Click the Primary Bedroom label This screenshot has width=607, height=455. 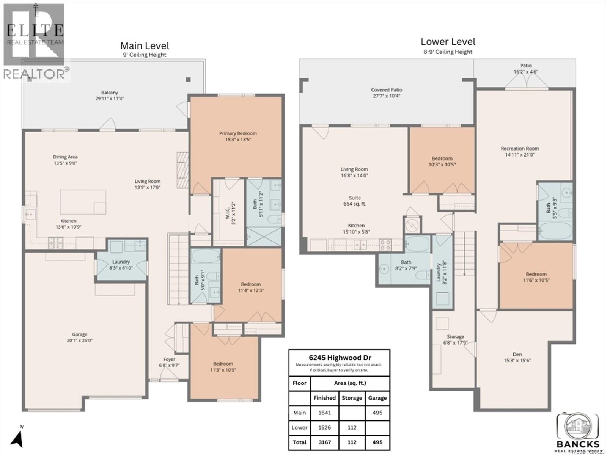tap(238, 133)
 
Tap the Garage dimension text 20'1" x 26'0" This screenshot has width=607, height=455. tap(80, 340)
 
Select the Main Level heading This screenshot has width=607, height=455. tap(145, 46)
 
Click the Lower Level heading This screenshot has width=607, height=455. tap(448, 42)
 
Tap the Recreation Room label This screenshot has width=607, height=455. tap(520, 149)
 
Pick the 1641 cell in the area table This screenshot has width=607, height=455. tap(324, 413)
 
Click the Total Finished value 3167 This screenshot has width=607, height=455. tap(324, 442)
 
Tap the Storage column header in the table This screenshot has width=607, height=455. tap(352, 398)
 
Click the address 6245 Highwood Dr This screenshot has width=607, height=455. tap(339, 358)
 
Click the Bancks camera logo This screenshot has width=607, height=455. tap(577, 427)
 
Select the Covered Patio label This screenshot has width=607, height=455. tap(386, 90)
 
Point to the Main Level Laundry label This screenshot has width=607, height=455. tap(121, 262)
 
